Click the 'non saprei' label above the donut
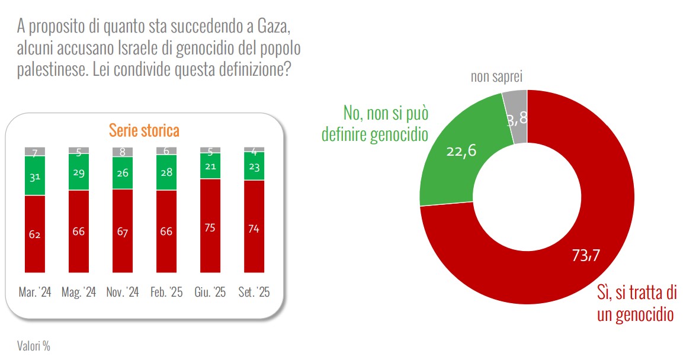pyautogui.click(x=497, y=76)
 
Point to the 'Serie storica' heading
pyautogui.click(x=143, y=130)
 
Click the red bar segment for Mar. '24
pyautogui.click(x=35, y=234)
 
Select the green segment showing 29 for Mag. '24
pyautogui.click(x=79, y=172)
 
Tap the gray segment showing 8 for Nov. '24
pyautogui.click(x=123, y=152)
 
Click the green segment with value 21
pyautogui.click(x=210, y=166)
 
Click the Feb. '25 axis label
pyautogui.click(x=166, y=292)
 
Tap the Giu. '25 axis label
pyautogui.click(x=210, y=292)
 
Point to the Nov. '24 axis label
pyautogui.click(x=123, y=292)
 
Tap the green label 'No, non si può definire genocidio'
pyautogui.click(x=374, y=124)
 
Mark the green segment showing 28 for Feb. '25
pyautogui.click(x=166, y=173)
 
